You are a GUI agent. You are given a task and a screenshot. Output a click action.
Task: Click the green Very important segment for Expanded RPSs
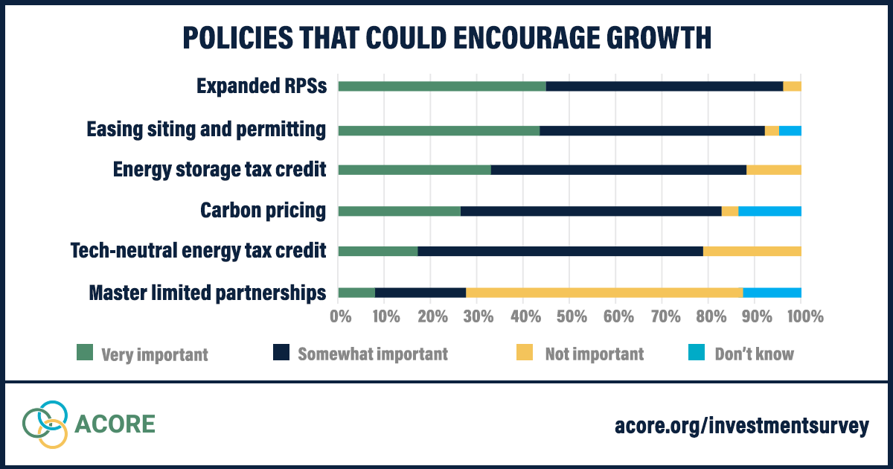tap(442, 86)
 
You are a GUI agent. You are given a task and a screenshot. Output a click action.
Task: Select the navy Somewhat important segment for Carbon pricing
tap(591, 211)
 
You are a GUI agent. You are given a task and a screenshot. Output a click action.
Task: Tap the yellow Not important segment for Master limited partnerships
tap(604, 293)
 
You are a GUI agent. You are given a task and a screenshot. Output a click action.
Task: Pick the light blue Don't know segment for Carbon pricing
tap(769, 211)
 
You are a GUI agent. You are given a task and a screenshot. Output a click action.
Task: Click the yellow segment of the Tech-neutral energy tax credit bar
tap(752, 252)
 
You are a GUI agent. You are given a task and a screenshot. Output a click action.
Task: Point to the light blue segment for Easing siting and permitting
tap(790, 131)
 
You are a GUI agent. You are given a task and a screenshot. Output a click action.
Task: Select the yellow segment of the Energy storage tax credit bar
tap(774, 170)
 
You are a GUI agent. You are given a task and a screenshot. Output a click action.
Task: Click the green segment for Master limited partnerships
tap(356, 293)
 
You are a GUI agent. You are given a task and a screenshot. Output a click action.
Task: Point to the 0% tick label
tap(340, 317)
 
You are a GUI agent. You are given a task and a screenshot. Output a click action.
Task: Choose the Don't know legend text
tap(754, 354)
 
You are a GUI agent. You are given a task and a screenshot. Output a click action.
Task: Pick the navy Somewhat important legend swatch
tap(282, 353)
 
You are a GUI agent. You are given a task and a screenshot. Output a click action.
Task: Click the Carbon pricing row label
tap(263, 211)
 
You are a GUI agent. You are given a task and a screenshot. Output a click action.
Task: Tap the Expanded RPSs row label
tap(261, 86)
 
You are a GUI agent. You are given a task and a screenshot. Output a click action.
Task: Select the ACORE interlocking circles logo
tap(45, 424)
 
